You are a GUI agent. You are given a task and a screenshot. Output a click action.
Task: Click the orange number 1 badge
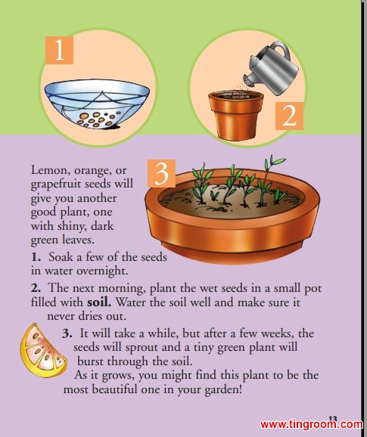tap(59, 50)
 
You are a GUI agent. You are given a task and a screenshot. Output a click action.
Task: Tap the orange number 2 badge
tap(289, 116)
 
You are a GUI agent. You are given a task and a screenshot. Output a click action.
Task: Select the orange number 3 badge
tap(161, 173)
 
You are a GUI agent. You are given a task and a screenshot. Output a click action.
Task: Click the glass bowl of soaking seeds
tap(97, 104)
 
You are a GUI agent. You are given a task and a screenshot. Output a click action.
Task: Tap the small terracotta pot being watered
tap(236, 115)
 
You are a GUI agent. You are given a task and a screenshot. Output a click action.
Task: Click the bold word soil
tap(99, 302)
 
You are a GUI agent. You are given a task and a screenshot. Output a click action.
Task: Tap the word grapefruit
tap(56, 184)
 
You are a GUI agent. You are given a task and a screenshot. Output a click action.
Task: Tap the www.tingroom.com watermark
tap(312, 424)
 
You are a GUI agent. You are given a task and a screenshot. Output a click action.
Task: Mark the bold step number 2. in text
tap(36, 288)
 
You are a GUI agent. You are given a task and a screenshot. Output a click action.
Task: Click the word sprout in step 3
tap(140, 348)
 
